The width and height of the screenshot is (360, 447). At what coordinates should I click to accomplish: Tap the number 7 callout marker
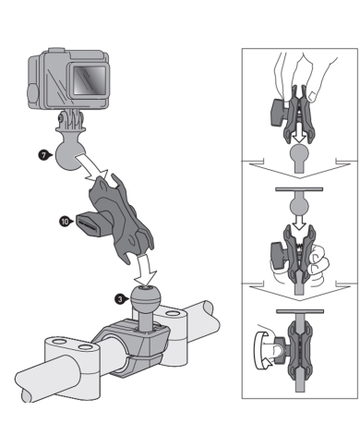click(42, 157)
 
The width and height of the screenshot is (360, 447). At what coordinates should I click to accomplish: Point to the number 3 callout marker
click(120, 298)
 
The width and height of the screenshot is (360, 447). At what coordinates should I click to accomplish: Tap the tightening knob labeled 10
click(89, 223)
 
